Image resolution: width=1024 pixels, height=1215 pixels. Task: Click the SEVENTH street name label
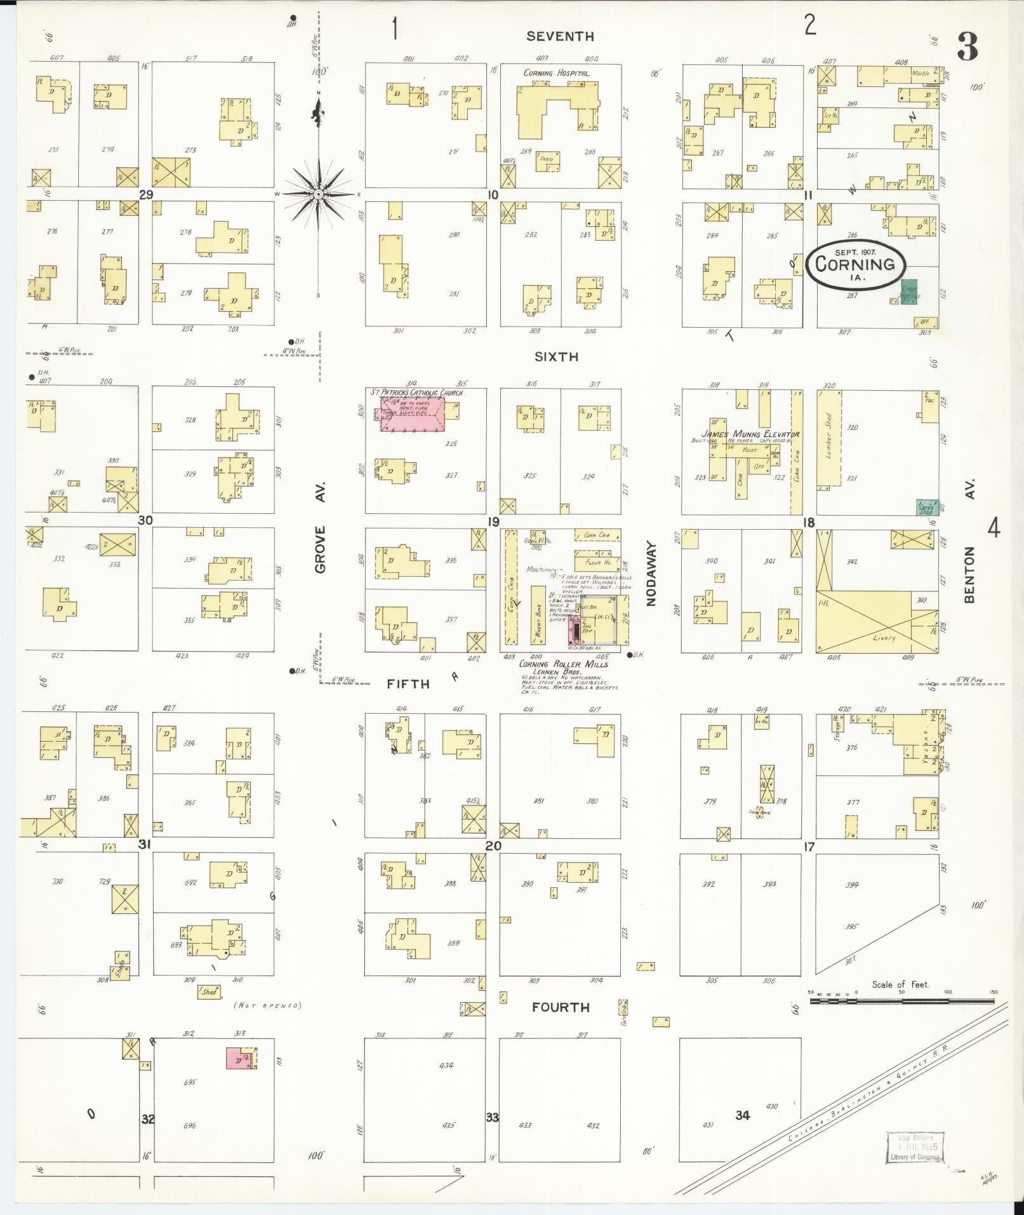[x=560, y=37]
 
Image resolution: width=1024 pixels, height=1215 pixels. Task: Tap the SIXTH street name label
[x=556, y=357]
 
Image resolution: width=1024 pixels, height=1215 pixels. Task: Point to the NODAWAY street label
[x=651, y=574]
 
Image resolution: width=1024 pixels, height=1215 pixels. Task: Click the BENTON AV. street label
[x=969, y=540]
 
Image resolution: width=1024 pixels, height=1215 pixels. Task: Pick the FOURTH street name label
[x=561, y=1007]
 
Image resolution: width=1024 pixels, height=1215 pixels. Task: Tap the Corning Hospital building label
[x=556, y=73]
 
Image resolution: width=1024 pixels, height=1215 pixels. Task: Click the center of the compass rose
[x=318, y=194]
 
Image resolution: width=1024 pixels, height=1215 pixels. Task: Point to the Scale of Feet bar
[x=901, y=1000]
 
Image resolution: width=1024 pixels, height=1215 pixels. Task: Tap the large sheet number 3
[x=967, y=46]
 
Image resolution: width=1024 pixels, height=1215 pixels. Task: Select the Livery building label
[x=883, y=637]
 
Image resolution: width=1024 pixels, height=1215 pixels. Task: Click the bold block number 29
[x=146, y=194]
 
